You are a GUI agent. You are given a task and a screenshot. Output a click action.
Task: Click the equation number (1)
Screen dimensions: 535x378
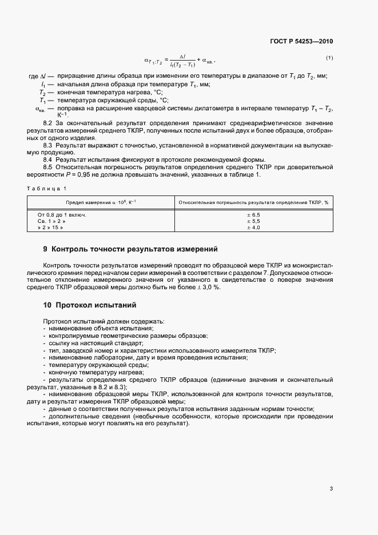pyautogui.click(x=329, y=58)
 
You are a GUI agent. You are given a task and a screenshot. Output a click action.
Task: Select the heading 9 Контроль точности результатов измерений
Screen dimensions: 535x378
pyautogui.click(x=130, y=249)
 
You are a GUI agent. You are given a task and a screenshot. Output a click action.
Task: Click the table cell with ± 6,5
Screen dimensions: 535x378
pyautogui.click(x=253, y=214)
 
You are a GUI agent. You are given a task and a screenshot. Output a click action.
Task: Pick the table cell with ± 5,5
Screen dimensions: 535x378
pyautogui.click(x=253, y=221)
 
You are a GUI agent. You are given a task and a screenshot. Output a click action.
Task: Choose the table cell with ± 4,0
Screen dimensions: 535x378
pyautogui.click(x=253, y=227)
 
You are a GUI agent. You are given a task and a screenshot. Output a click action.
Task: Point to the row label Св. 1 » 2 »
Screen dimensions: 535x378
pyautogui.click(x=51, y=221)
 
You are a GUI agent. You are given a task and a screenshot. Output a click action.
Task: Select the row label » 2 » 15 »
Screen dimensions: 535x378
pyautogui.click(x=50, y=227)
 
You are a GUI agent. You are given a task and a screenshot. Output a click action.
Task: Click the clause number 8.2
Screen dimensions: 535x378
pyautogui.click(x=48, y=123)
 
